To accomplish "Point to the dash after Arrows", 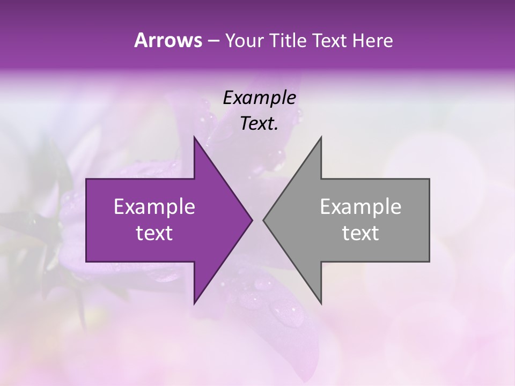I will [x=212, y=41].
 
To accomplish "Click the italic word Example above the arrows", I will [x=259, y=98].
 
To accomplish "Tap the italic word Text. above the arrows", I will [x=259, y=123].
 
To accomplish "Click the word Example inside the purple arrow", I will [x=154, y=207].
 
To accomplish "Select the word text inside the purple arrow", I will [x=154, y=233].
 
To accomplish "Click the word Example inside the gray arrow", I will [x=360, y=207].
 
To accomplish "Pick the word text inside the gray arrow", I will [x=360, y=233].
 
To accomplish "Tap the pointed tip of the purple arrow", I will [x=253, y=220].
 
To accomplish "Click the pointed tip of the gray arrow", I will [x=263, y=220].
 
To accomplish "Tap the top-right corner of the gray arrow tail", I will [x=429, y=179].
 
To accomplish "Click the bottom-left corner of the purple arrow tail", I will [x=86, y=262].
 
